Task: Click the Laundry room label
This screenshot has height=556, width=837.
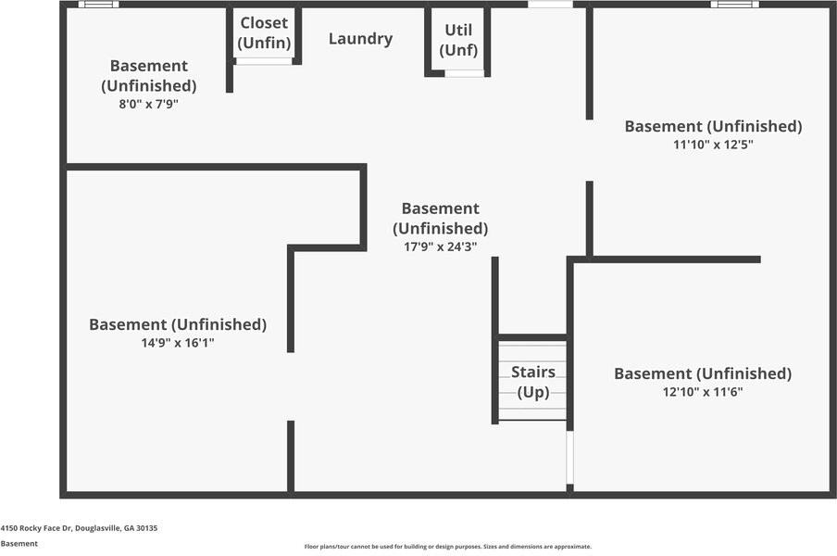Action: coord(360,39)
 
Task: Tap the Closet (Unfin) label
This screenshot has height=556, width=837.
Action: coord(264,32)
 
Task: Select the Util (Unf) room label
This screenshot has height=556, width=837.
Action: coord(458,40)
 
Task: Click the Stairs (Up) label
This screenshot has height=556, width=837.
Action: coord(533,382)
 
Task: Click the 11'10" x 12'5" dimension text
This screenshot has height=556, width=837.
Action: coord(713,145)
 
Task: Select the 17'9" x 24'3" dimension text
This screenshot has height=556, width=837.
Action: coord(440,246)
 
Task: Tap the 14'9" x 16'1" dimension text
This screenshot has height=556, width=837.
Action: coord(177,343)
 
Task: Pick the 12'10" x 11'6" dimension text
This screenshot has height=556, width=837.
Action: coord(703,392)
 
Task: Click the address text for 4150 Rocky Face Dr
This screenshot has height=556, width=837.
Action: coord(79,528)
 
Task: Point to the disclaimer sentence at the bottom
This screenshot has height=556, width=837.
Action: coord(447,547)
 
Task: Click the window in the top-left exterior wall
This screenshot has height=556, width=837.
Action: coord(98,5)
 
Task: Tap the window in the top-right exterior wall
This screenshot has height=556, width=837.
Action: coord(734,5)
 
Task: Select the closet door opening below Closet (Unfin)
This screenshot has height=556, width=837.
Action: coord(264,61)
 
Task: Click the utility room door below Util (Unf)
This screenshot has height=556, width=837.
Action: coord(464,73)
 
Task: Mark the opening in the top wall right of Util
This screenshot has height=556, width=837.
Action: coord(550,5)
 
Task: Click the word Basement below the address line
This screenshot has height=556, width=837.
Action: coord(19,544)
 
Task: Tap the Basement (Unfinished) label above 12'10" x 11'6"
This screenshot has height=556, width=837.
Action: coord(703,373)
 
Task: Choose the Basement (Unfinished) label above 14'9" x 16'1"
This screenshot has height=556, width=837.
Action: coord(177,324)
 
